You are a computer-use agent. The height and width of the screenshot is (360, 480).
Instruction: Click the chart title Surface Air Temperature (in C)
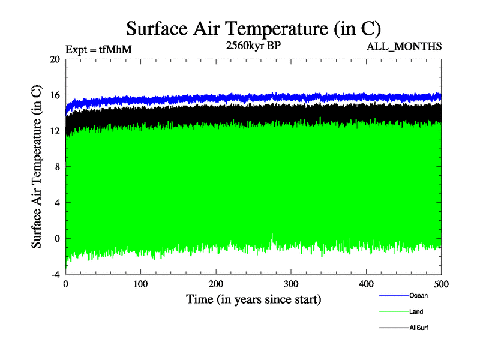coord(253,29)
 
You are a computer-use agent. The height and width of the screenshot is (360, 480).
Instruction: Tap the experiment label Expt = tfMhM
coord(98,50)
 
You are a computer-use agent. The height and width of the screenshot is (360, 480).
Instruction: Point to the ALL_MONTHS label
coord(405,46)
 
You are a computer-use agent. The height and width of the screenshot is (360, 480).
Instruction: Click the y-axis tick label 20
coord(55,59)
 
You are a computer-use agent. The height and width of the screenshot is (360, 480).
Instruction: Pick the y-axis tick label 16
coord(55,95)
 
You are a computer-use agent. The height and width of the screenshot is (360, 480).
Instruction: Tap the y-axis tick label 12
coord(55,131)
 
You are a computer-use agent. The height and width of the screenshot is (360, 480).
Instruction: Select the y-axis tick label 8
coord(57,167)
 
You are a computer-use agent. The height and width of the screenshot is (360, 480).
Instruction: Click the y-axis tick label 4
coord(57,203)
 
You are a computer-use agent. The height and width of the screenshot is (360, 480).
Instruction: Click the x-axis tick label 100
coord(141,283)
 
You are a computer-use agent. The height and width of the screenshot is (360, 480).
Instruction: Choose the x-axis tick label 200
coord(216,283)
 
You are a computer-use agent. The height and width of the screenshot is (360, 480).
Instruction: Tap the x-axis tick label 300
coord(291,283)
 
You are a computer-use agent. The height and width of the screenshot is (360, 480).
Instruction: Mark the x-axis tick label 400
coord(367,283)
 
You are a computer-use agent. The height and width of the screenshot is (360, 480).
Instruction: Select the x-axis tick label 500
coord(441,283)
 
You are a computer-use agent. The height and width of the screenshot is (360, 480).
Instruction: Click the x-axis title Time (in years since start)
coord(253,299)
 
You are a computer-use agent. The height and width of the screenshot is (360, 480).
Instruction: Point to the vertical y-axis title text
coord(37,167)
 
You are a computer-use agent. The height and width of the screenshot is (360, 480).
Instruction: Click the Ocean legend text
coord(418,295)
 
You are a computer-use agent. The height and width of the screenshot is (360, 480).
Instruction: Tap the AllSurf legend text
coord(419,328)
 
